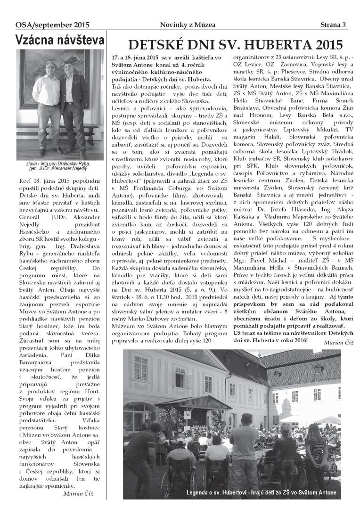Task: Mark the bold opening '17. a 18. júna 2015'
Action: click(x=137, y=57)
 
